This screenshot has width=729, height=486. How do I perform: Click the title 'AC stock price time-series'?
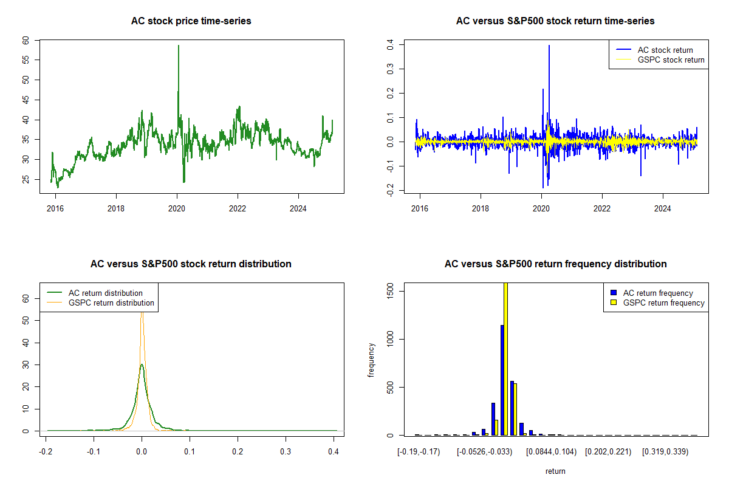[191, 21]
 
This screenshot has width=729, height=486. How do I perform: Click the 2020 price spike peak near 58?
[178, 46]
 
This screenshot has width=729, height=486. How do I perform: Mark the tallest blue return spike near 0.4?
[549, 46]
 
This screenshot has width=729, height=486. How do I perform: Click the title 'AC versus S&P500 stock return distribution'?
[191, 264]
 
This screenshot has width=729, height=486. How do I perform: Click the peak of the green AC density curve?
[142, 365]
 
